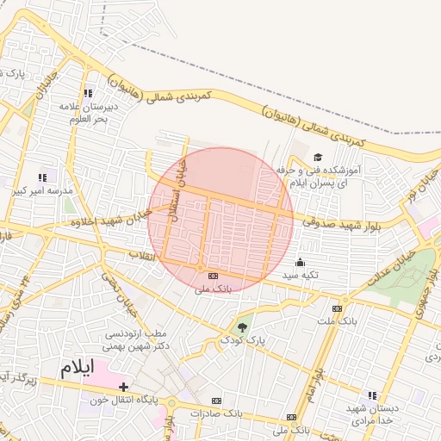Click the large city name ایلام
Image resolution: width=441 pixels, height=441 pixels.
tap(75, 368)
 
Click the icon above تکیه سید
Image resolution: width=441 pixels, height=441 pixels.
tap(300, 262)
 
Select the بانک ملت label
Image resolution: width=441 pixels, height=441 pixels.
tap(337, 321)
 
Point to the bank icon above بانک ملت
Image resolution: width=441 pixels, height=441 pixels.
tap(337, 308)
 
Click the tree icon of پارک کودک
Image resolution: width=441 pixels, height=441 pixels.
tap(242, 327)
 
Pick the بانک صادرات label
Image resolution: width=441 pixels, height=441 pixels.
tap(215, 413)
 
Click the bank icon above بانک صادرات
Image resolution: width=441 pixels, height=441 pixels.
tap(216, 401)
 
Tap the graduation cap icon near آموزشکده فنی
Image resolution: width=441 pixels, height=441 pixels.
tap(318, 157)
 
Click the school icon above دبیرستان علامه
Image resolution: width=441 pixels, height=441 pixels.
tap(86, 93)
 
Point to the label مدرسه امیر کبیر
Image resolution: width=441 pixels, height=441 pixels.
tap(42, 189)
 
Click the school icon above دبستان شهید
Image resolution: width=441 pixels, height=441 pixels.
tap(372, 394)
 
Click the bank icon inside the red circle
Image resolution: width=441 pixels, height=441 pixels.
tap(213, 276)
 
